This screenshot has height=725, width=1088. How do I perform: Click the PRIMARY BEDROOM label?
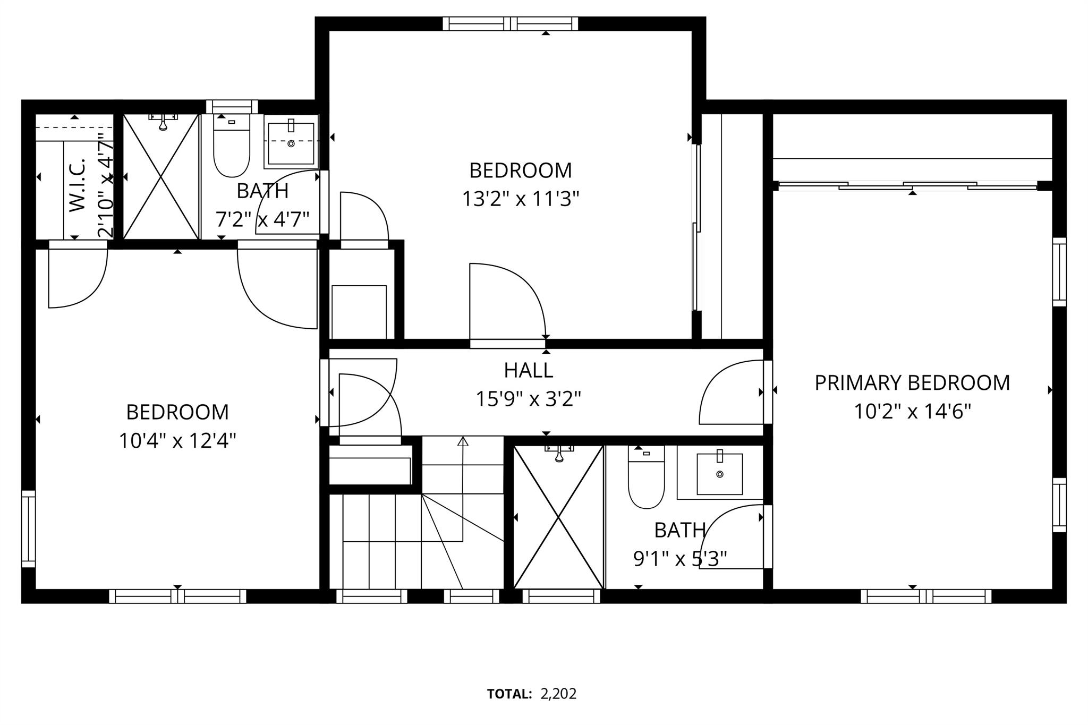click(x=912, y=383)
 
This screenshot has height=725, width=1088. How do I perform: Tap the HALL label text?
click(x=528, y=370)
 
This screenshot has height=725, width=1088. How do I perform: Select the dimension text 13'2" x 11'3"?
click(x=520, y=199)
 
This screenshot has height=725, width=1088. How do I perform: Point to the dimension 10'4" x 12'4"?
click(x=177, y=440)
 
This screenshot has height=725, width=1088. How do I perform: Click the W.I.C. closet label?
click(x=78, y=184)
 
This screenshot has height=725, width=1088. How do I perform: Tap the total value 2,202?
click(x=558, y=694)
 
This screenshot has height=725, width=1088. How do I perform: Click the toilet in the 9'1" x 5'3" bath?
click(x=646, y=478)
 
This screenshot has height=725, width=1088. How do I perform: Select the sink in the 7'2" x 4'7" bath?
click(x=291, y=143)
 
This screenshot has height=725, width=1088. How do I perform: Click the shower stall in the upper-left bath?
click(x=161, y=176)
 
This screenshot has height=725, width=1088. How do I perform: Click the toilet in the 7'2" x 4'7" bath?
click(x=231, y=149)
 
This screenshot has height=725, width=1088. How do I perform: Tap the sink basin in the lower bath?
click(x=720, y=474)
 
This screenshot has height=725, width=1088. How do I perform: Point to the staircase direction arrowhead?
click(x=463, y=440)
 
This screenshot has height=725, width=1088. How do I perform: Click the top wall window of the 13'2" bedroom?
click(x=511, y=23)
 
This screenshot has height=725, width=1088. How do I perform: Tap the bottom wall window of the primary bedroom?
click(x=926, y=596)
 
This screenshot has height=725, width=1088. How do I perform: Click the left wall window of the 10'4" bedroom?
click(x=28, y=529)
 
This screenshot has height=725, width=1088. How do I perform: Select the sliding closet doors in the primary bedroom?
click(x=907, y=186)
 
